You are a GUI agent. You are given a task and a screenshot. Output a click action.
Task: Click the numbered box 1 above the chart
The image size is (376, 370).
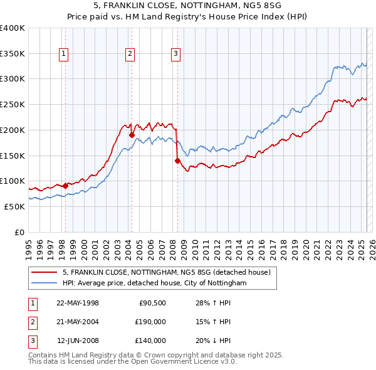click(65, 55)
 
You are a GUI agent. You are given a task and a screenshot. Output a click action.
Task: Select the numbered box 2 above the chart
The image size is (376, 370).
click(130, 55)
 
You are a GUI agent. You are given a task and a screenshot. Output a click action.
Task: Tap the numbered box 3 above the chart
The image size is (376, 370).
click(175, 55)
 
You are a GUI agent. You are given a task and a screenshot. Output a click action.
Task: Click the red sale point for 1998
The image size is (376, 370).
click(65, 186)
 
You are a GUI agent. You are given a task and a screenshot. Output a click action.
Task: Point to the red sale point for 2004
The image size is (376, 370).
click(132, 134)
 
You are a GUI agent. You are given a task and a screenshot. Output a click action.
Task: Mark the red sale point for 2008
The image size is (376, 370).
click(177, 161)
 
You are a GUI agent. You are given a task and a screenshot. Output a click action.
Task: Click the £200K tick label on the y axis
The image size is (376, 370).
click(13, 130)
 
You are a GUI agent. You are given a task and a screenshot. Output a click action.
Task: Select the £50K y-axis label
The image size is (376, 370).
click(14, 206)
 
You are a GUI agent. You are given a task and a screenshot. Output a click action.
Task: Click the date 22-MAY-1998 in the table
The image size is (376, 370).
click(78, 303)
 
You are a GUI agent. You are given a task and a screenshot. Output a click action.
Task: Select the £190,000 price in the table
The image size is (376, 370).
click(150, 322)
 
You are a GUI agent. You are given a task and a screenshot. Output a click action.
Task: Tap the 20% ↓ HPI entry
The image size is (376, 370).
click(213, 341)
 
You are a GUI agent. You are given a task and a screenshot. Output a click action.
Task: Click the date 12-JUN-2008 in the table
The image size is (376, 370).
click(78, 341)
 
